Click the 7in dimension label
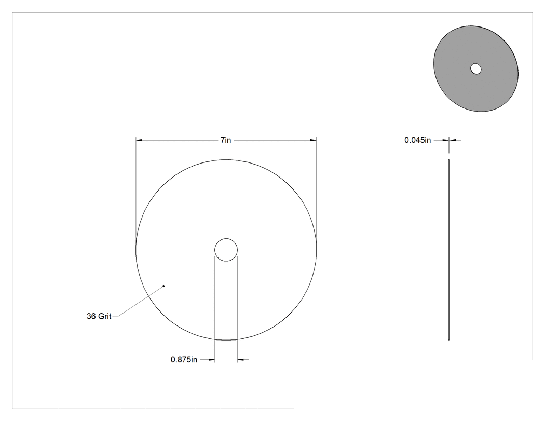pos(226,140)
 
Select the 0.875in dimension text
pos(184,359)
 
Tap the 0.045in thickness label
pos(417,140)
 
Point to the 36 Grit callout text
pos(99,316)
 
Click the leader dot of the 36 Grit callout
pos(163,286)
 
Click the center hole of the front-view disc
pos(226,250)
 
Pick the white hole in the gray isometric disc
pos(476,69)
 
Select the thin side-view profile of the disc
pos(449,250)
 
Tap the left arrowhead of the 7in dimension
pos(139,140)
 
